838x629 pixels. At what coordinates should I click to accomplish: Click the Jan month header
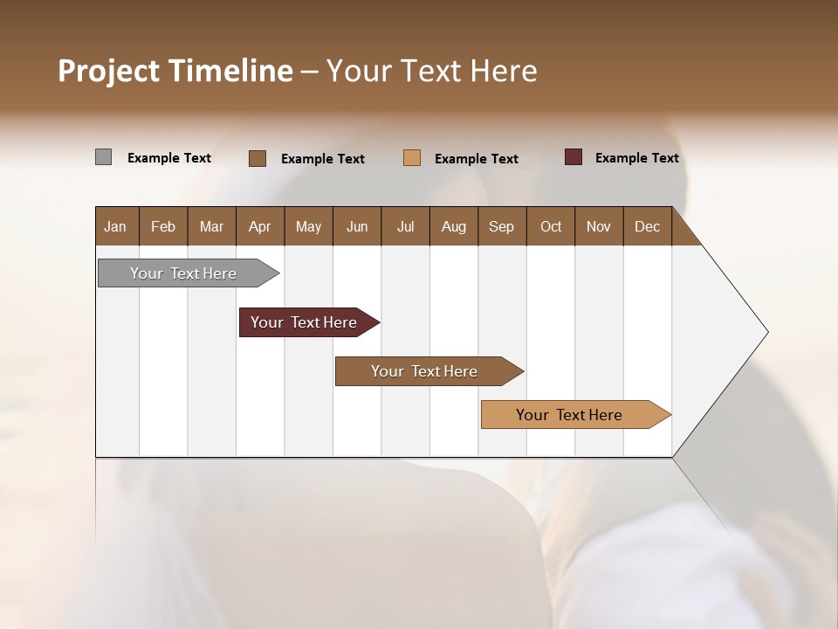(115, 227)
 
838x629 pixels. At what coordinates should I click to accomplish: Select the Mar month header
(211, 227)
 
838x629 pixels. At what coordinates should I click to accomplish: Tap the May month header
(308, 227)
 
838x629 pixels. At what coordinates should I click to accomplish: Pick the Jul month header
(405, 227)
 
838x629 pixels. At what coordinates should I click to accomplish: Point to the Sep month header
(501, 227)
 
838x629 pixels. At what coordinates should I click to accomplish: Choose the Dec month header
(647, 227)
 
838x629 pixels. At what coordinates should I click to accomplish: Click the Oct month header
(551, 227)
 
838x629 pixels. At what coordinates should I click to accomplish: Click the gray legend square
(103, 157)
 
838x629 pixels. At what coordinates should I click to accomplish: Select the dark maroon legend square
(574, 157)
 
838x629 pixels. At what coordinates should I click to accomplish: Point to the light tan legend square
(412, 157)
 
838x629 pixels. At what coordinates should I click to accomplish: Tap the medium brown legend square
(258, 158)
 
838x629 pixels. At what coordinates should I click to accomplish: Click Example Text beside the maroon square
(636, 158)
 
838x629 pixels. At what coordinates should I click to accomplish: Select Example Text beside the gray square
(169, 158)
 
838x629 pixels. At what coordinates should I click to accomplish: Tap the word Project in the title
(107, 71)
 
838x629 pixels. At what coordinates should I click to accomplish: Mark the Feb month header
(163, 227)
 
